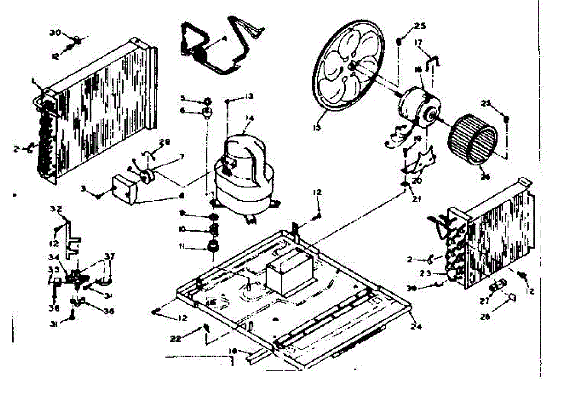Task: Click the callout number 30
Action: pyautogui.click(x=55, y=32)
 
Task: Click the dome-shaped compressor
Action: pyautogui.click(x=244, y=173)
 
